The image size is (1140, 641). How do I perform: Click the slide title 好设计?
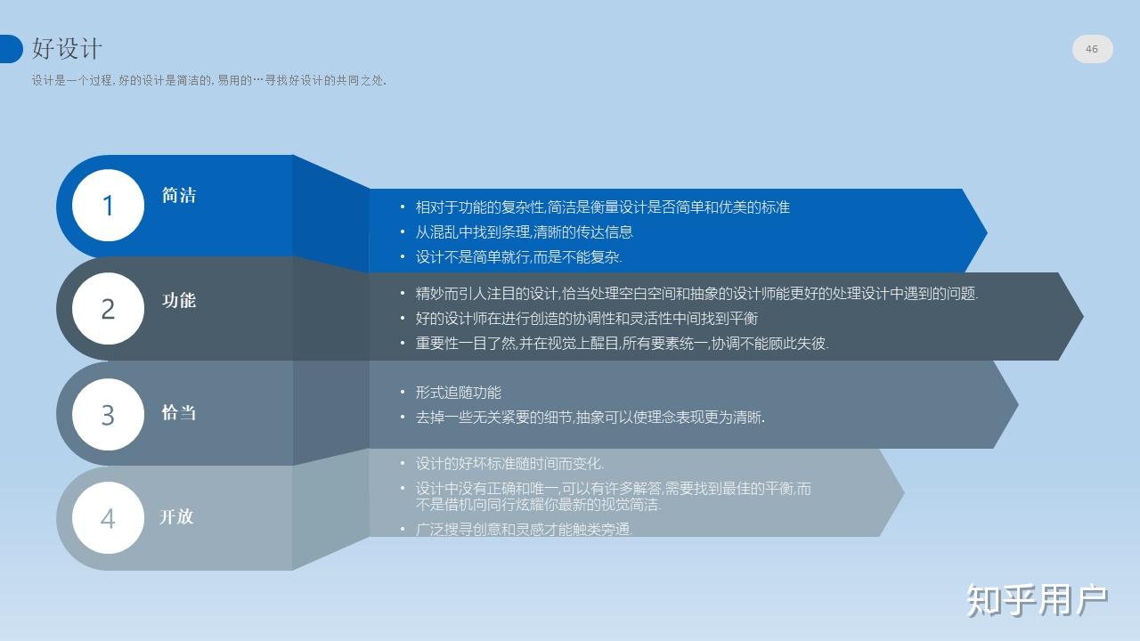point(67,49)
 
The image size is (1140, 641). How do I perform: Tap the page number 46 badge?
point(1092,49)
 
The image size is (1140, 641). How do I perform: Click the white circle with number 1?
point(108,205)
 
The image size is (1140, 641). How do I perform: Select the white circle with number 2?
point(108,309)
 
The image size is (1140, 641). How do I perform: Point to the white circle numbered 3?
point(108,415)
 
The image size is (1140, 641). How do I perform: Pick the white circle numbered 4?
point(108,518)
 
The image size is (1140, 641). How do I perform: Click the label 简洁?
point(179,195)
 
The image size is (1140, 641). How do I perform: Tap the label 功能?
point(179,300)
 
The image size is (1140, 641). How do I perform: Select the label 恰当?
point(179,412)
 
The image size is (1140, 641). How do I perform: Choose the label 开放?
point(176,517)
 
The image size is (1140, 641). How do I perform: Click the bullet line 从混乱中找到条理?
point(525,232)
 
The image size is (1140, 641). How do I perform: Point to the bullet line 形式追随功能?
point(458,393)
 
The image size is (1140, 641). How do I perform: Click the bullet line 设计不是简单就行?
point(518,257)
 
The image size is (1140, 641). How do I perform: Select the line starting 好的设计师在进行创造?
point(586,319)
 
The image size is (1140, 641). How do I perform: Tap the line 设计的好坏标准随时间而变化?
point(509,464)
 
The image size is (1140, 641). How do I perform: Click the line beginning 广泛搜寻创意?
point(525,530)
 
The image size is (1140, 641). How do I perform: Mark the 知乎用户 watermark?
point(1038,600)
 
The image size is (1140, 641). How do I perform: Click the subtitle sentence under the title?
point(209,80)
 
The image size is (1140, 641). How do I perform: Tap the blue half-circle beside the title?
point(12,49)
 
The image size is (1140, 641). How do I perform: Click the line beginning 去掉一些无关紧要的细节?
point(590,418)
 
